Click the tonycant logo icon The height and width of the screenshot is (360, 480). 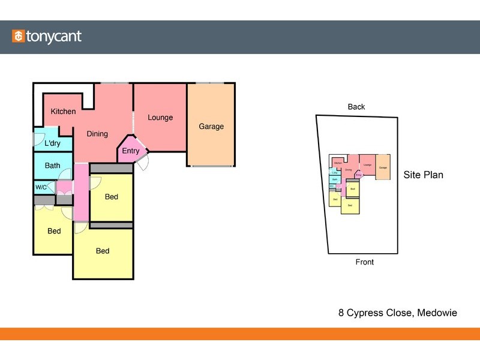click(18, 37)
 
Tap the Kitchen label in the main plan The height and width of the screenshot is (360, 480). click(63, 112)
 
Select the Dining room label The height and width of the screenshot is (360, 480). click(97, 134)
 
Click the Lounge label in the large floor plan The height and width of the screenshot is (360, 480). click(160, 118)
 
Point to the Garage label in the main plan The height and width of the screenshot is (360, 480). click(211, 127)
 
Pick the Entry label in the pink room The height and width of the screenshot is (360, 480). click(130, 151)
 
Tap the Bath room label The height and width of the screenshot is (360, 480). click(52, 166)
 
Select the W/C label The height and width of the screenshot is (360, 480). click(41, 187)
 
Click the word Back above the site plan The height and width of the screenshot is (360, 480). click(356, 107)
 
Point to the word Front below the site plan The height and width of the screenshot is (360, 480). click(365, 262)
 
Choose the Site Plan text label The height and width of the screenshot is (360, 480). click(424, 175)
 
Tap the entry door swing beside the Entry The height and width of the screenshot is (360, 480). click(142, 162)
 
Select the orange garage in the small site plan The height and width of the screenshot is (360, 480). click(383, 167)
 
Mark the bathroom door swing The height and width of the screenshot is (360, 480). click(65, 174)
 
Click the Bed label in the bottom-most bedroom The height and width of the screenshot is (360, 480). click(103, 251)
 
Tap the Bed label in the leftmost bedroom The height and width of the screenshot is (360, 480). click(54, 231)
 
